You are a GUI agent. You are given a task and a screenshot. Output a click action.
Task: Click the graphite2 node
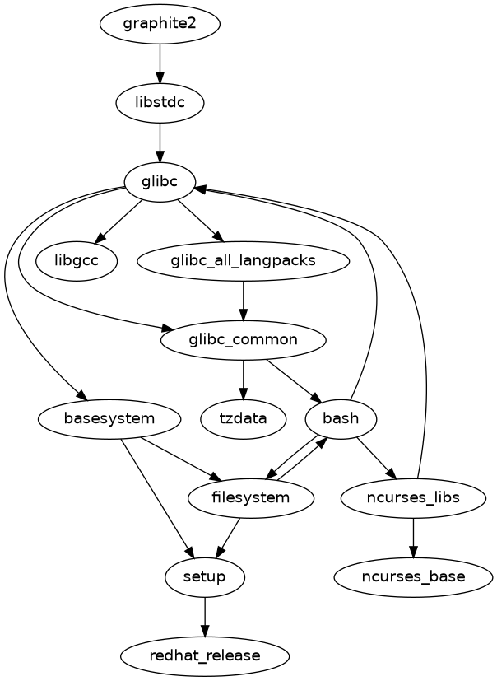(160, 24)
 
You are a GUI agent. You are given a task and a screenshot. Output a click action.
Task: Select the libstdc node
(160, 103)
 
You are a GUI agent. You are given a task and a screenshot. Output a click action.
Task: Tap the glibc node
(160, 182)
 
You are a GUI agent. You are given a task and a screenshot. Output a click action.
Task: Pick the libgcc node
(77, 261)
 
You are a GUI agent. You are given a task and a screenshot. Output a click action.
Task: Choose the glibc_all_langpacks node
(243, 261)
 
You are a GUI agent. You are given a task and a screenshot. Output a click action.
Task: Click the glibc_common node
(243, 339)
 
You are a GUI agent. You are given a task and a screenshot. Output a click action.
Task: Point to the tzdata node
(243, 418)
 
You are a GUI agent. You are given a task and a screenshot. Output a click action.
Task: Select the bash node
(341, 418)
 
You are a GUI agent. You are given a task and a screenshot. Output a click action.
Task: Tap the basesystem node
(109, 418)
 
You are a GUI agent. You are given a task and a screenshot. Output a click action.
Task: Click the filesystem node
(251, 497)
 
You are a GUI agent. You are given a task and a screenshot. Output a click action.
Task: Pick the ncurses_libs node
(412, 497)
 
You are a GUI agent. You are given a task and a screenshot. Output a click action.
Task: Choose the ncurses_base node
(412, 576)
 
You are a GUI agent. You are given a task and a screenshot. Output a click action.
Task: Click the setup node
(205, 576)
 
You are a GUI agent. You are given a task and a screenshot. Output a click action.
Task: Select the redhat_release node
(205, 655)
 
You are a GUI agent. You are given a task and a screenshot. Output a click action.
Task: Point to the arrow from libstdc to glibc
(160, 142)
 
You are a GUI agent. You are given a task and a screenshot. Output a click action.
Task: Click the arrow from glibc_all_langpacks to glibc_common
(243, 301)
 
